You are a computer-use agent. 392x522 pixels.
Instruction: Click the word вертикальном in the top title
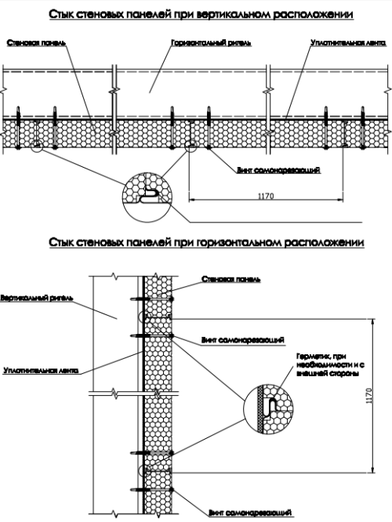(x=234, y=15)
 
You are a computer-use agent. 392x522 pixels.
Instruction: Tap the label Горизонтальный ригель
(x=211, y=43)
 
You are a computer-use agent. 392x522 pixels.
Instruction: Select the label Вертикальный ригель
(x=37, y=298)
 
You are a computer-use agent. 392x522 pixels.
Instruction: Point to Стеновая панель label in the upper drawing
(x=36, y=43)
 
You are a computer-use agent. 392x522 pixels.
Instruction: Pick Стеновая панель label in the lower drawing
(x=231, y=279)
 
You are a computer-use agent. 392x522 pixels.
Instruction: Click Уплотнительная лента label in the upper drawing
(x=348, y=43)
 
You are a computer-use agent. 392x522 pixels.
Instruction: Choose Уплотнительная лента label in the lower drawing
(x=41, y=370)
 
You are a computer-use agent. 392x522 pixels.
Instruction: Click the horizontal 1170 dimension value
(x=266, y=196)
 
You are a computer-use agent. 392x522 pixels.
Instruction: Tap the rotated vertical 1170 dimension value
(x=368, y=396)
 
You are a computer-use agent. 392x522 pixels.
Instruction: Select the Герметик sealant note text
(x=330, y=364)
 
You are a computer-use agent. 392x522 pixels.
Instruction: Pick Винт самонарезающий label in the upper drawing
(x=278, y=170)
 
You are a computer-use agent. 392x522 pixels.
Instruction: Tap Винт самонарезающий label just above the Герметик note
(x=243, y=340)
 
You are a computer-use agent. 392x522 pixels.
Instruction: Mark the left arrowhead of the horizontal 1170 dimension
(x=192, y=200)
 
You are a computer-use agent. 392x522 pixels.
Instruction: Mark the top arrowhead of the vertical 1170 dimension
(x=372, y=321)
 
